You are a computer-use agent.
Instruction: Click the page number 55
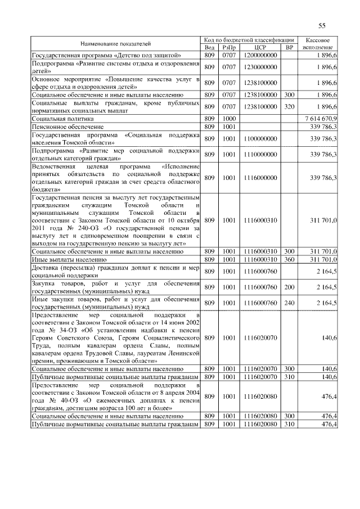pyautogui.click(x=322, y=25)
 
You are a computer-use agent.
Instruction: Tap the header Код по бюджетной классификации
pyautogui.click(x=249, y=40)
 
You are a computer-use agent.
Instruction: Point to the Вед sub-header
pyautogui.click(x=210, y=47)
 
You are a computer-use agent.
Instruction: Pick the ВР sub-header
pyautogui.click(x=290, y=47)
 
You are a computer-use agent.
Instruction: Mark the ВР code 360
pyautogui.click(x=290, y=259)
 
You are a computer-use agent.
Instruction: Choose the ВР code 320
pyautogui.click(x=290, y=107)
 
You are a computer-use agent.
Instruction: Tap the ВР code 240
pyautogui.click(x=290, y=303)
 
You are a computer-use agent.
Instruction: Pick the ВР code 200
pyautogui.click(x=290, y=287)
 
